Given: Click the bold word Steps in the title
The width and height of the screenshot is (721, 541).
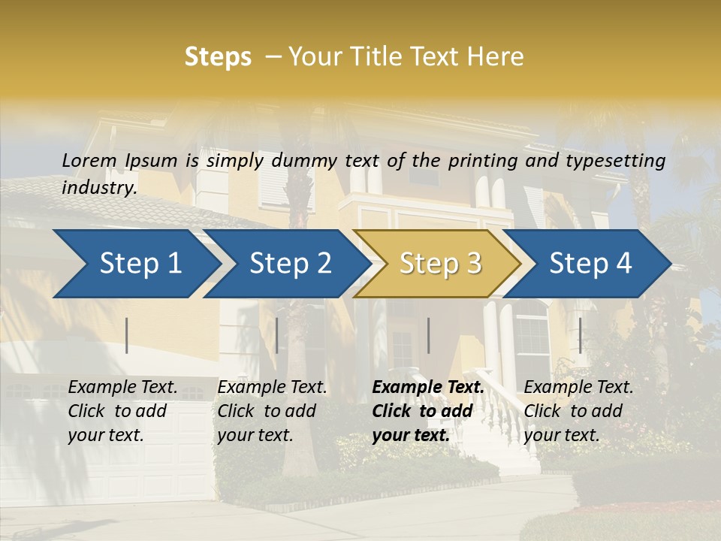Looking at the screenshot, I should click(x=218, y=57).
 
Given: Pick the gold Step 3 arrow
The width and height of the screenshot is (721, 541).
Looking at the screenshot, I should click(x=440, y=263).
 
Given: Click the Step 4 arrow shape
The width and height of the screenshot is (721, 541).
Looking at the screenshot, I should click(x=590, y=263).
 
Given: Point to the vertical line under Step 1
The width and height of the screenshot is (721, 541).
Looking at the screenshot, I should click(x=127, y=335).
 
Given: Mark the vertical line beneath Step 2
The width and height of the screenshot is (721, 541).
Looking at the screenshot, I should click(x=277, y=335).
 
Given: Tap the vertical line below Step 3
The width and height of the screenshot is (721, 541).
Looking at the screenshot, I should click(x=428, y=335).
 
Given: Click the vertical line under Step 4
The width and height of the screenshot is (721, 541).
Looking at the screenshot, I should click(x=580, y=335).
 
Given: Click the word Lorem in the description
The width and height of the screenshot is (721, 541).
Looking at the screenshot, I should click(x=89, y=160).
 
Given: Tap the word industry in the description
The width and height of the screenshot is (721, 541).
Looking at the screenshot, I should click(x=98, y=187).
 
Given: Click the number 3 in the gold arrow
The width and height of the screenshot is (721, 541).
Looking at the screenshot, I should click(x=472, y=263).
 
